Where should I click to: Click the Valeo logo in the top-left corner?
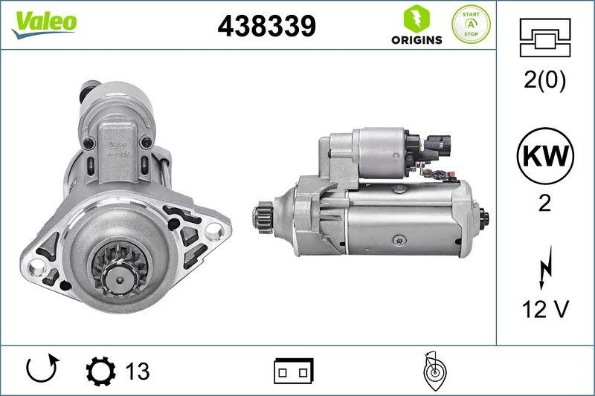[43, 23]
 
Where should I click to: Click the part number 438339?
[266, 26]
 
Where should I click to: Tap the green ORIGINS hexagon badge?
[416, 26]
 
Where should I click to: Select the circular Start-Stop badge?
[471, 25]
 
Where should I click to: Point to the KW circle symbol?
[545, 158]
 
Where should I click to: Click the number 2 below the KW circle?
[545, 204]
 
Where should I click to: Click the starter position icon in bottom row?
[433, 370]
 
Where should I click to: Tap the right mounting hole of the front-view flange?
[215, 236]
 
